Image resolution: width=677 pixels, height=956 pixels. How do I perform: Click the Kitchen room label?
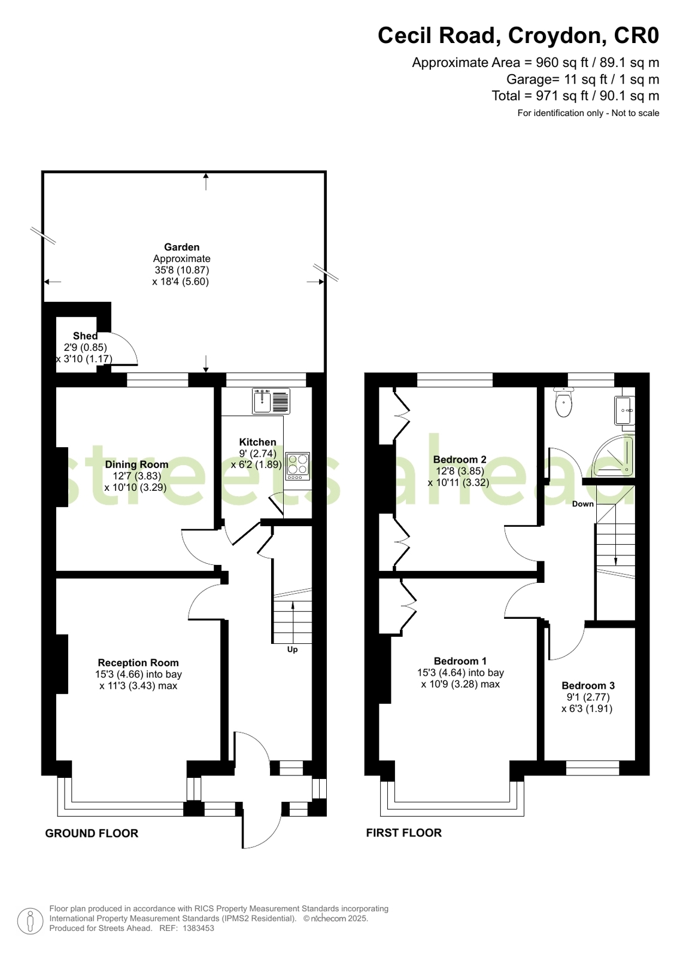(257, 442)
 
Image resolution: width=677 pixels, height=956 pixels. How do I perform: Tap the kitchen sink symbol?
(271, 401)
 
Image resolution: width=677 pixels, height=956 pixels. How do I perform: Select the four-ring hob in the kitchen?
(297, 466)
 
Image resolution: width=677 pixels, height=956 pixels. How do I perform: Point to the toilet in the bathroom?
(564, 402)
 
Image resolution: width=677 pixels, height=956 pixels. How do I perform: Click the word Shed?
(85, 336)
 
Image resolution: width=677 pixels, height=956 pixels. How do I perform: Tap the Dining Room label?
(136, 465)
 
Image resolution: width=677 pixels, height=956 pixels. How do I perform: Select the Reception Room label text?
(138, 663)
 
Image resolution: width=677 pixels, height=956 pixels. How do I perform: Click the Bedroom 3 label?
(588, 686)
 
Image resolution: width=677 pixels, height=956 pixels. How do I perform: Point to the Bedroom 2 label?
(460, 460)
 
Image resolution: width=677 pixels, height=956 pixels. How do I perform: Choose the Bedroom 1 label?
(460, 661)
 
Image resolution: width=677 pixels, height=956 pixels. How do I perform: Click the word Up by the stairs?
(292, 649)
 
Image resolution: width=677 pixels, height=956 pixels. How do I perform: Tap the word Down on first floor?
(583, 504)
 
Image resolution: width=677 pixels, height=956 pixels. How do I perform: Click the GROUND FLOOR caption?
(92, 833)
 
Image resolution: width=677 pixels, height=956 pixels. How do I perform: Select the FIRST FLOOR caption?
(404, 833)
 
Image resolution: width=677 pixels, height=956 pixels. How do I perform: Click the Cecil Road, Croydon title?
(518, 35)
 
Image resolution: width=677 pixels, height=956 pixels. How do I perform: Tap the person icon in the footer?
(31, 921)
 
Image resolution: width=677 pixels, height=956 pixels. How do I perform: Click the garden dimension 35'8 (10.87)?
(181, 270)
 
